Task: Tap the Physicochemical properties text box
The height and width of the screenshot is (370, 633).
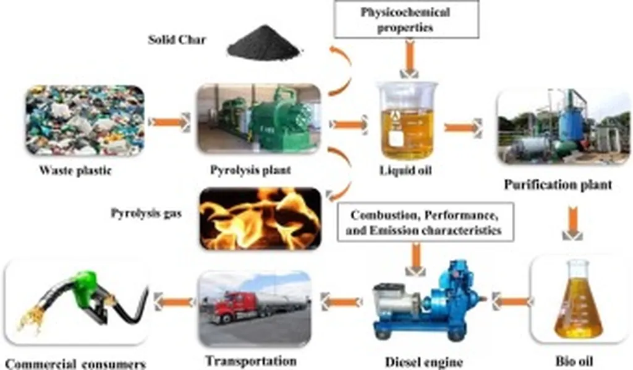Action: tap(406, 19)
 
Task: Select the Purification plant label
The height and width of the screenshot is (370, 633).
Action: tap(558, 184)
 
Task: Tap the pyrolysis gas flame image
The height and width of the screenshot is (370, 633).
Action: tap(260, 217)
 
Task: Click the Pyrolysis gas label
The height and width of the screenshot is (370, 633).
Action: tap(142, 213)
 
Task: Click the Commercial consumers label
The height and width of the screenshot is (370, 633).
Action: tap(75, 363)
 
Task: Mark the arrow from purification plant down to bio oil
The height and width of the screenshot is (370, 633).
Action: tap(573, 225)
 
